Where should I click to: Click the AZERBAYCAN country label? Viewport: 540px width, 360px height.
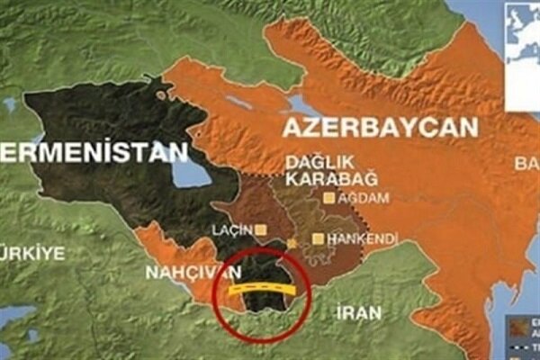pyautogui.click(x=381, y=128)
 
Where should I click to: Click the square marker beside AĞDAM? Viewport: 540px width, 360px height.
pyautogui.click(x=330, y=197)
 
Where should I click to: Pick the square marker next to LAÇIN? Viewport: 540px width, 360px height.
pyautogui.click(x=261, y=229)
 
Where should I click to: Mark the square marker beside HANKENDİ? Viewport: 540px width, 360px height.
pyautogui.click(x=318, y=238)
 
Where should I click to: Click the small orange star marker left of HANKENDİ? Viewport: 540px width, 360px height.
pyautogui.click(x=292, y=244)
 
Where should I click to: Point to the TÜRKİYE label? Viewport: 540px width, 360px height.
pyautogui.click(x=32, y=253)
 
